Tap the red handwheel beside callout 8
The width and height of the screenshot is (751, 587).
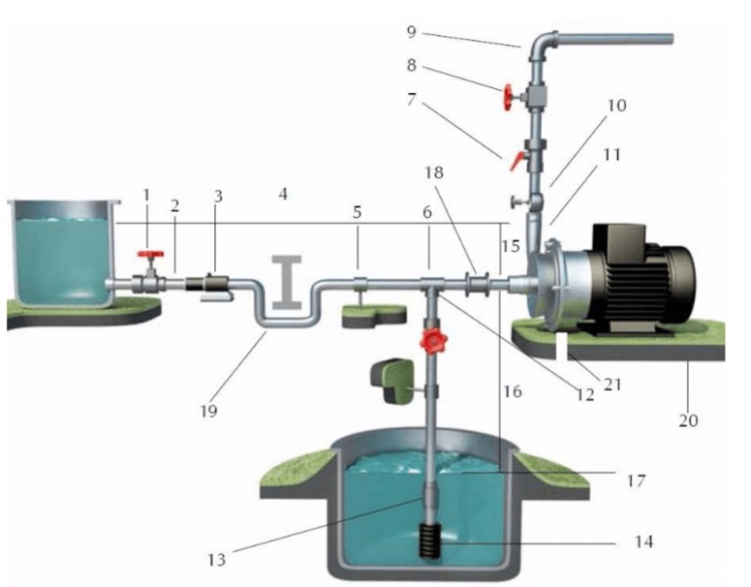(508, 98)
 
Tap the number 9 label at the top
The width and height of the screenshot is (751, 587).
(412, 32)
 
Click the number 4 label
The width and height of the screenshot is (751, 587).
(283, 195)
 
